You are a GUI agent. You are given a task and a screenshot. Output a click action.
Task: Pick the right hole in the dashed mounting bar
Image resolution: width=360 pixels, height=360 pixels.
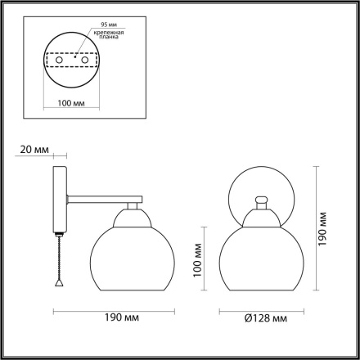point(84,60)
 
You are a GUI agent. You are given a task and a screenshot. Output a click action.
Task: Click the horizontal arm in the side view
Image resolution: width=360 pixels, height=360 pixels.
point(102,197)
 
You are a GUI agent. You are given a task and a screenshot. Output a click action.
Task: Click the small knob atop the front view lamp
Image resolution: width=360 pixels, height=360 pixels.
point(262,199)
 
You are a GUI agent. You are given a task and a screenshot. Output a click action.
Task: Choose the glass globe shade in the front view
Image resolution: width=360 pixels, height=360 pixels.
point(262,259)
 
